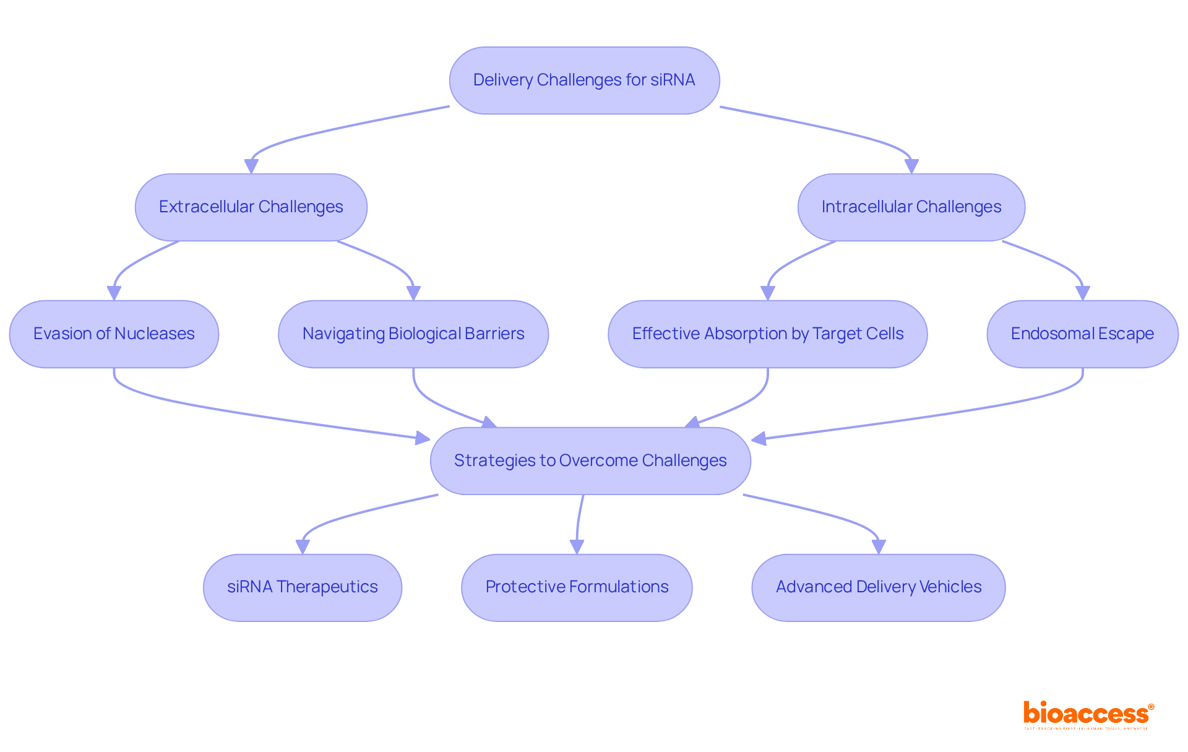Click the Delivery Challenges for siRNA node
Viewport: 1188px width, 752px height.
pyautogui.click(x=584, y=80)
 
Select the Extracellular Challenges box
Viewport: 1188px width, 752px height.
pyautogui.click(x=251, y=207)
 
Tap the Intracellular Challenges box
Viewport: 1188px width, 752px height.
pyautogui.click(x=911, y=207)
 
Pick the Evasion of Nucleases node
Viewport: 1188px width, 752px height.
pyautogui.click(x=114, y=334)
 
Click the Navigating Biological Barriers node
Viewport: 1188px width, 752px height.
pyautogui.click(x=413, y=334)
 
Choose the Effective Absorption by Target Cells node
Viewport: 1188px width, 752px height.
pyautogui.click(x=767, y=334)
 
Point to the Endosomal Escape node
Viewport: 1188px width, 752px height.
pyautogui.click(x=1082, y=334)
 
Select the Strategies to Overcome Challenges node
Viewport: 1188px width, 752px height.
pyautogui.click(x=590, y=460)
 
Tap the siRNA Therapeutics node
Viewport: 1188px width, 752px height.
pyautogui.click(x=302, y=587)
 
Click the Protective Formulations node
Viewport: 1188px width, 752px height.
pyautogui.click(x=577, y=587)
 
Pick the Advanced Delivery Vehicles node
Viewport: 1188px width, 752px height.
pyautogui.click(x=878, y=587)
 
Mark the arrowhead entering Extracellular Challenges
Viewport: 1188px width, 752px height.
pyautogui.click(x=251, y=166)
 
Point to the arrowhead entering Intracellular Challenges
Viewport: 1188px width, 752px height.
pyautogui.click(x=911, y=166)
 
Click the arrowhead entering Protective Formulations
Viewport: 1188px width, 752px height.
pyautogui.click(x=577, y=547)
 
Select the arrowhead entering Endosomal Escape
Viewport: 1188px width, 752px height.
pyautogui.click(x=1083, y=293)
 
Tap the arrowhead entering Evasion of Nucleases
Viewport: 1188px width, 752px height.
pyautogui.click(x=114, y=293)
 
